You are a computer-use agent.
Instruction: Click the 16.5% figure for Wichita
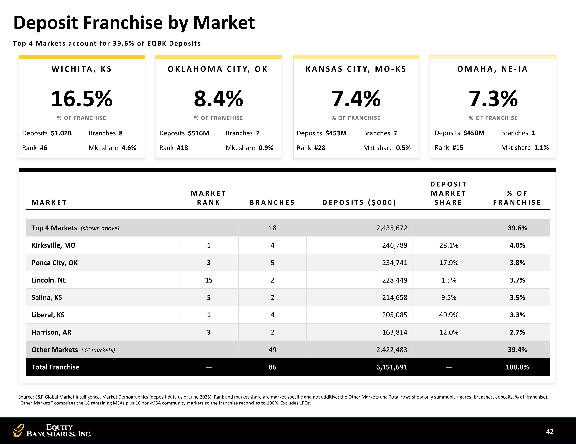tap(82, 99)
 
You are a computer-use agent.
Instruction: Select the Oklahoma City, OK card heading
tap(218, 69)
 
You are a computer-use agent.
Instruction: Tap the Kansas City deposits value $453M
tap(336, 133)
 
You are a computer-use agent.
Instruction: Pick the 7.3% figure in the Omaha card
tap(493, 99)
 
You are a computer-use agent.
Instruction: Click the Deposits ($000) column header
tap(359, 202)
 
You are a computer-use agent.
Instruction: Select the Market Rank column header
tap(209, 198)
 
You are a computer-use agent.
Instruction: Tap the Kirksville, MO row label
tap(54, 245)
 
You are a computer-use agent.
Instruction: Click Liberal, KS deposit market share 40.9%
tap(449, 315)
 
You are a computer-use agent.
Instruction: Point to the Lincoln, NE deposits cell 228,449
tap(395, 280)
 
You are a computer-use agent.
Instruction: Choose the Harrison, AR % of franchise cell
tap(517, 332)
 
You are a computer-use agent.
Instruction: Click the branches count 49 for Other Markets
tap(272, 350)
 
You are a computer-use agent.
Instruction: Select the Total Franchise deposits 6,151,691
tap(392, 367)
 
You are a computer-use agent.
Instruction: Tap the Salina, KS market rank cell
tap(209, 297)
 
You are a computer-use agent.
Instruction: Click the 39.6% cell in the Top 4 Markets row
tap(517, 228)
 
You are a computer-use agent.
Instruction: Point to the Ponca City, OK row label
tap(55, 263)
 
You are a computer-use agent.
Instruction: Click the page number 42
tap(550, 431)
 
